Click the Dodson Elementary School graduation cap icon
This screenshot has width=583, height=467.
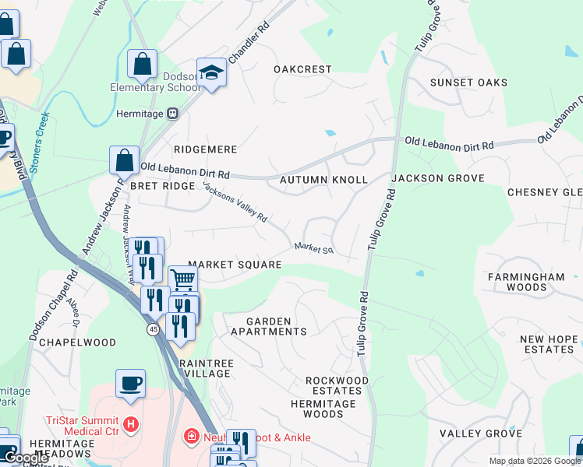[211, 72]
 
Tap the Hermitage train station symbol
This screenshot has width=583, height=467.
[173, 114]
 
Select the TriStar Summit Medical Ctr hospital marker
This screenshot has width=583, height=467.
[131, 425]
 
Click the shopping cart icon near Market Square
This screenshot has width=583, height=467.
[182, 279]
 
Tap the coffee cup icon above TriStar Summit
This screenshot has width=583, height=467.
[130, 383]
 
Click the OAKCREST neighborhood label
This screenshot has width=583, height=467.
[302, 69]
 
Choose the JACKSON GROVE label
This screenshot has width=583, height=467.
[437, 178]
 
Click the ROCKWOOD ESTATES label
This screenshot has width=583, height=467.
[337, 385]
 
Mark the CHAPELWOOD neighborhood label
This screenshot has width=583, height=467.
[77, 342]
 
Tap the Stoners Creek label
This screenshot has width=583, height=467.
[38, 141]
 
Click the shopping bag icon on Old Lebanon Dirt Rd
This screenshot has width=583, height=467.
[124, 160]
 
